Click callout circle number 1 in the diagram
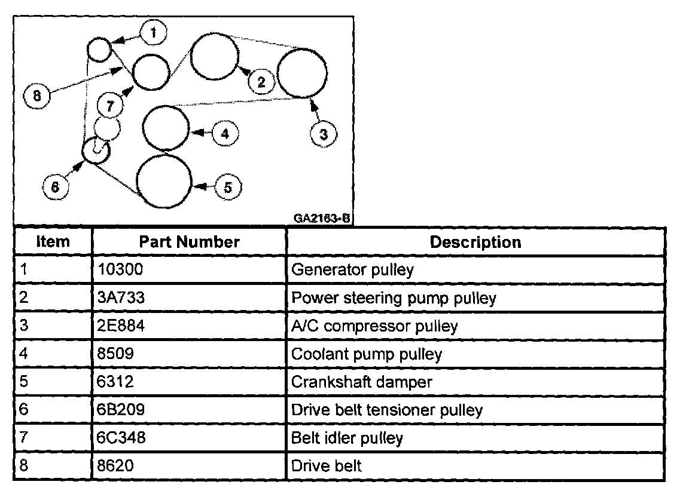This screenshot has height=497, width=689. click(x=154, y=33)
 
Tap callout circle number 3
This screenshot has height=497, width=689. click(x=323, y=134)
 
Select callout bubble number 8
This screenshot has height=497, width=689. click(x=37, y=96)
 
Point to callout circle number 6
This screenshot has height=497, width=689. click(x=55, y=186)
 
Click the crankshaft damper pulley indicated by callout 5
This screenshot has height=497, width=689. click(x=164, y=181)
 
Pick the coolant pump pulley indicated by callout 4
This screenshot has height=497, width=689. click(x=166, y=128)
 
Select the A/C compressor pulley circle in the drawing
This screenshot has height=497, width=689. click(x=303, y=73)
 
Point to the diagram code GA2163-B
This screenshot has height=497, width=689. click(x=321, y=218)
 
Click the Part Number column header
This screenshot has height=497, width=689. click(x=189, y=242)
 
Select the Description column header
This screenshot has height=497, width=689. click(x=475, y=242)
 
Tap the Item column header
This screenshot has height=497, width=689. click(x=53, y=242)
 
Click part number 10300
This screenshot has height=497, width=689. click(x=120, y=270)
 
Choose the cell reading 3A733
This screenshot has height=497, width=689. click(x=120, y=298)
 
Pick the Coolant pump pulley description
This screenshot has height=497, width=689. click(x=366, y=354)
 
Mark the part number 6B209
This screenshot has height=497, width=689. click(x=120, y=410)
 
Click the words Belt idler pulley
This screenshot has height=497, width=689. click(x=347, y=438)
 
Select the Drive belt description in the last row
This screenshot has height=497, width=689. click(x=326, y=466)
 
